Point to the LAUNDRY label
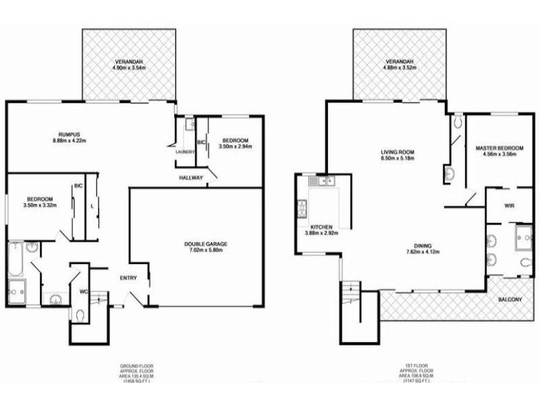click(184, 152)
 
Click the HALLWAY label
click(192, 177)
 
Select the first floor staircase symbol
click(350, 293)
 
